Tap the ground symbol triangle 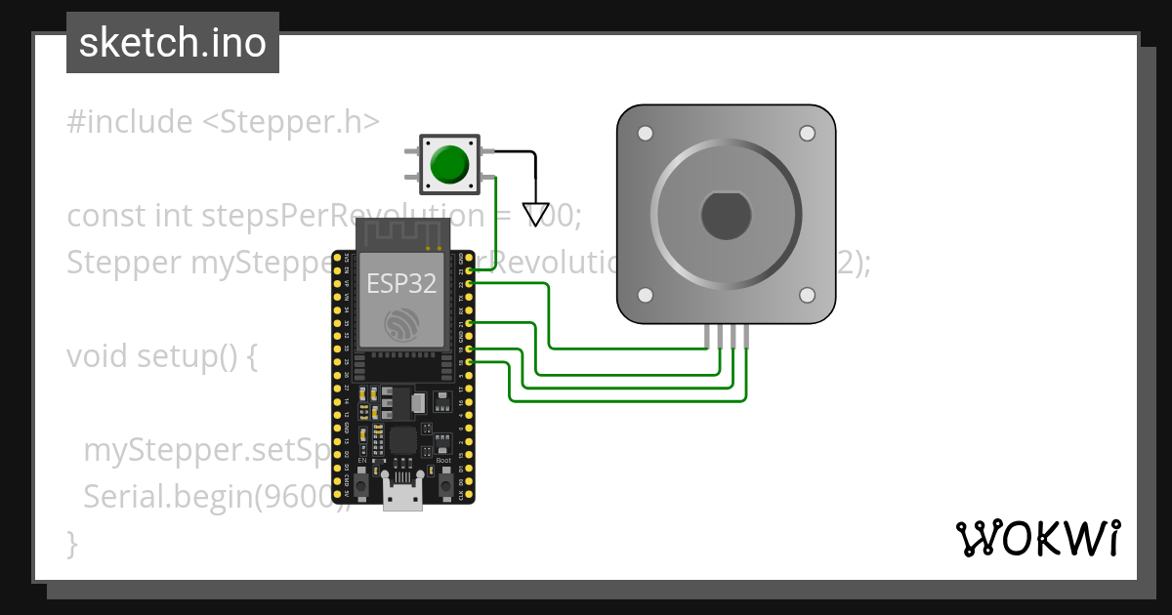coord(535,213)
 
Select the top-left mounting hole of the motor coord(646,133)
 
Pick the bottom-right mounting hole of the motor coord(807,295)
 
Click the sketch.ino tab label coord(173,43)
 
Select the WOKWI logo coord(1037,538)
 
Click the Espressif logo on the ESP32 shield coord(402,325)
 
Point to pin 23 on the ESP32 coord(471,269)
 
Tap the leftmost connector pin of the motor coord(706,336)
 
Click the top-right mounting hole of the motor coord(807,133)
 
